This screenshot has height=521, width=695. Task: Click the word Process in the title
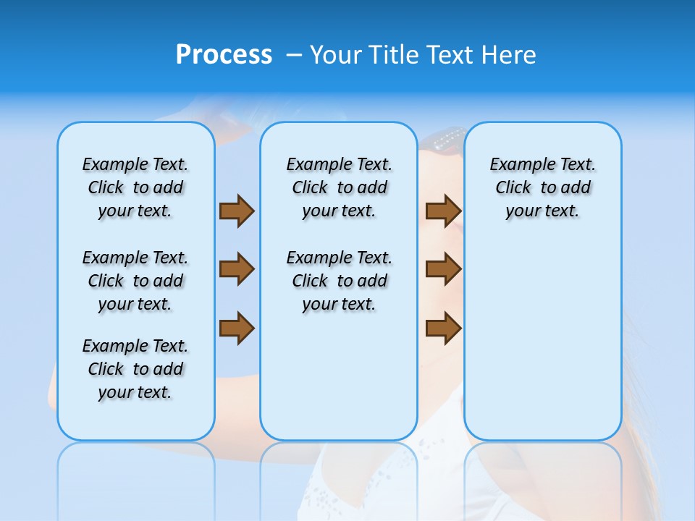coord(224,55)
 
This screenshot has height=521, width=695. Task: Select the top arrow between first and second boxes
coord(237,211)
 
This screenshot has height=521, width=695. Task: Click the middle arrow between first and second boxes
coord(237,269)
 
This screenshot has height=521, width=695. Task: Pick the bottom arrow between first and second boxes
coord(237,328)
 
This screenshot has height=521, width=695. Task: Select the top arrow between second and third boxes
coord(443,211)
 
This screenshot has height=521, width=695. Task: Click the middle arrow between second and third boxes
coord(443,269)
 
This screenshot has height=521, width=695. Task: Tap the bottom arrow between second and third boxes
coord(443,328)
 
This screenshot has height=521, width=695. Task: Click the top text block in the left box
coord(135,187)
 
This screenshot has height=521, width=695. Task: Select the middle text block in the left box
coord(135,281)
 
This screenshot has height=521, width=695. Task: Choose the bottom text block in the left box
coord(135,369)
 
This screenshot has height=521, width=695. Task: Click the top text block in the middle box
coord(339,187)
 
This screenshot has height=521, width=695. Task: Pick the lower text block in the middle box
coord(339,281)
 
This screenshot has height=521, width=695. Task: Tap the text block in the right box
coord(542,187)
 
